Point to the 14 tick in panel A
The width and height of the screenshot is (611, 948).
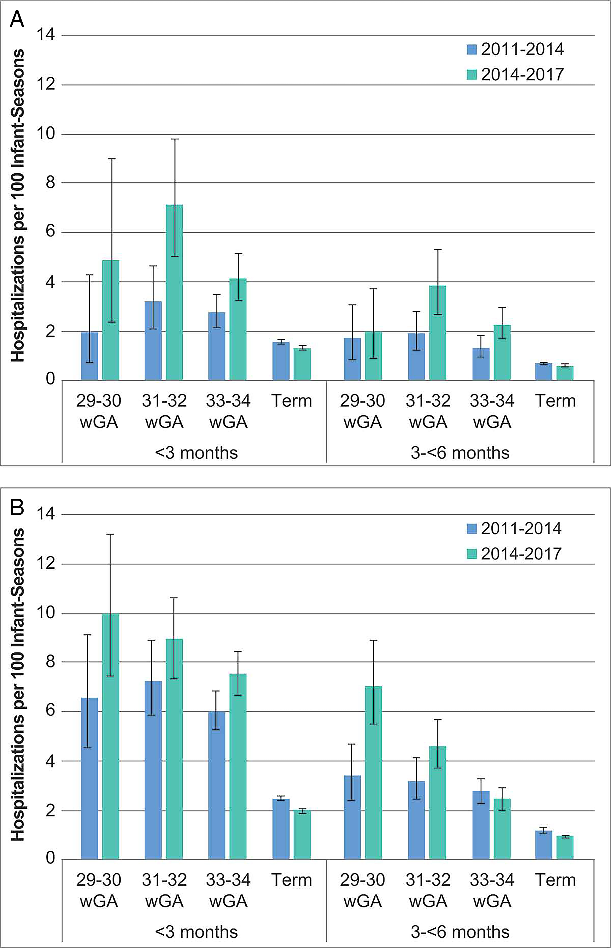[46, 35]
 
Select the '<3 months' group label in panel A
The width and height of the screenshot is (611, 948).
[196, 452]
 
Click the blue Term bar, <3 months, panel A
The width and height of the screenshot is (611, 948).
[281, 361]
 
